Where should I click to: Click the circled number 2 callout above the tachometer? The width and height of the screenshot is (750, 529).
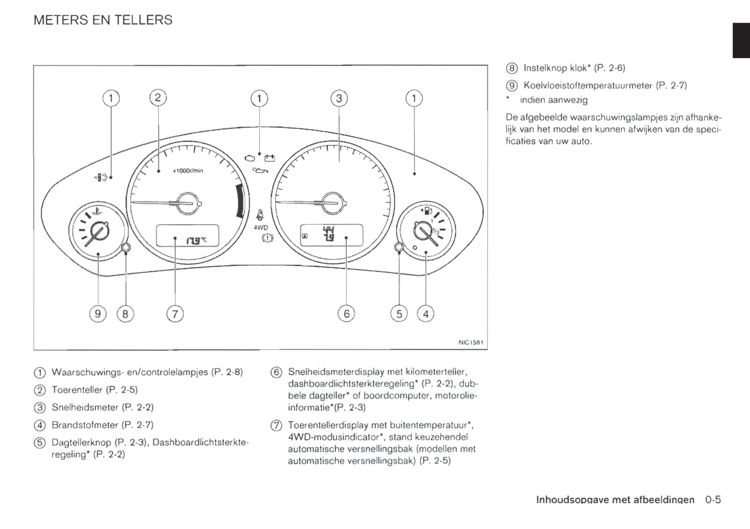pyautogui.click(x=158, y=98)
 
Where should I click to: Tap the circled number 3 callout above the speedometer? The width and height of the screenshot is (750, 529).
pyautogui.click(x=339, y=98)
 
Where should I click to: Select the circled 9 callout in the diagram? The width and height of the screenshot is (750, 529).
pyautogui.click(x=98, y=314)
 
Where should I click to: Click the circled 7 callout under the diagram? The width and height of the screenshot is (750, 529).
pyautogui.click(x=175, y=314)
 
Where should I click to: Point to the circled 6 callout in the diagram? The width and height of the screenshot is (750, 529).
pyautogui.click(x=346, y=314)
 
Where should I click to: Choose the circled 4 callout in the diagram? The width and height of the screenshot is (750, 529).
pyautogui.click(x=426, y=314)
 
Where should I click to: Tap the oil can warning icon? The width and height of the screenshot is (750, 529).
pyautogui.click(x=260, y=170)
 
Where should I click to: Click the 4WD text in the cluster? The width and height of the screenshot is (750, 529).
pyautogui.click(x=261, y=227)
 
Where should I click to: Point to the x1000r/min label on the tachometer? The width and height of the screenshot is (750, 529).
pyautogui.click(x=188, y=171)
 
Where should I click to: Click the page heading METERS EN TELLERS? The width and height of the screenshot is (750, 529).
pyautogui.click(x=103, y=20)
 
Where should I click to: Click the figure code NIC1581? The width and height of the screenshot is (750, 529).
pyautogui.click(x=471, y=343)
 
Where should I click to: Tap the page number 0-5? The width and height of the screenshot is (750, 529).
pyautogui.click(x=713, y=500)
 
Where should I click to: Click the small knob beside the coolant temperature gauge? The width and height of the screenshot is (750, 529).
pyautogui.click(x=126, y=248)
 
